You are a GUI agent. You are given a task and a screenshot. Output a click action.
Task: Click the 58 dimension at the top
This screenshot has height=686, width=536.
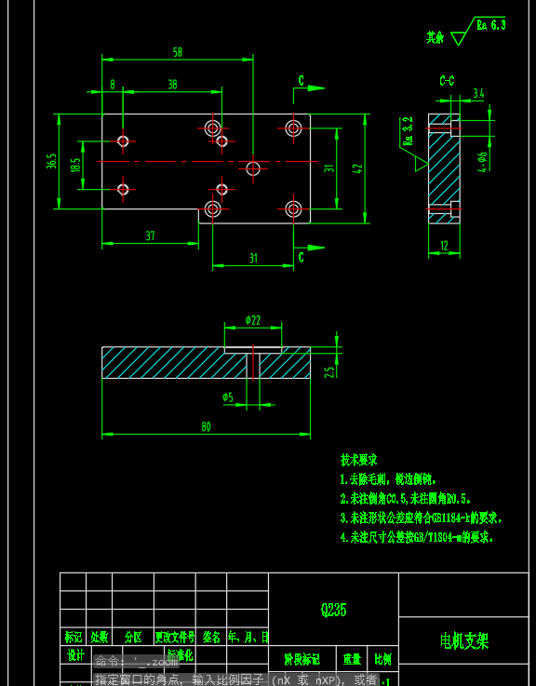177,52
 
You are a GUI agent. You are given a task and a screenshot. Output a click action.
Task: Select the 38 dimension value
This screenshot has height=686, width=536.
172,84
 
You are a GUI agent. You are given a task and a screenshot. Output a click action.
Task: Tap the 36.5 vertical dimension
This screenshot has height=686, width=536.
52,161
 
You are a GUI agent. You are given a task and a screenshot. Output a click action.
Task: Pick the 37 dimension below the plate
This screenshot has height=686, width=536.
150,235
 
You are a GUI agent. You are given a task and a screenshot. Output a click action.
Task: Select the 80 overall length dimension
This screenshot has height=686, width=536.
205,426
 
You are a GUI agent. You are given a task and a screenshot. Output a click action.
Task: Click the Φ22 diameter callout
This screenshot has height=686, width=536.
252,319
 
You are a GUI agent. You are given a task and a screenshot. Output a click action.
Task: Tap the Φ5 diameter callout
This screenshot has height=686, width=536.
228,397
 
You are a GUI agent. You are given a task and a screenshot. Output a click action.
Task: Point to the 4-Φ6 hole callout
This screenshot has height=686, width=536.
482,162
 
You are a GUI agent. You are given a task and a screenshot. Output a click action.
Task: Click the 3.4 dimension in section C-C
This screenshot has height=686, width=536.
478,93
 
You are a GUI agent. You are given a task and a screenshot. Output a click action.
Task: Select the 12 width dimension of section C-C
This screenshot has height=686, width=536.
444,245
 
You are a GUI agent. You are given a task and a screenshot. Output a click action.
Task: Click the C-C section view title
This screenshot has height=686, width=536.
447,81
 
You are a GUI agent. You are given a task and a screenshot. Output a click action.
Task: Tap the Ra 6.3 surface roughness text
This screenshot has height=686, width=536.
490,25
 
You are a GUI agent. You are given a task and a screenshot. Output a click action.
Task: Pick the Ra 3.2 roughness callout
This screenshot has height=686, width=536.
408,132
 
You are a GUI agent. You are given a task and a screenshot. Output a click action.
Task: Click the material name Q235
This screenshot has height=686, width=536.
333,610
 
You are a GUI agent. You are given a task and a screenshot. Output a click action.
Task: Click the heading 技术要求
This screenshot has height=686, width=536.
358,460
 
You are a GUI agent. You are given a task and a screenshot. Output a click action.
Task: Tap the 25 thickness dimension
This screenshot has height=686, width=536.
328,371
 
